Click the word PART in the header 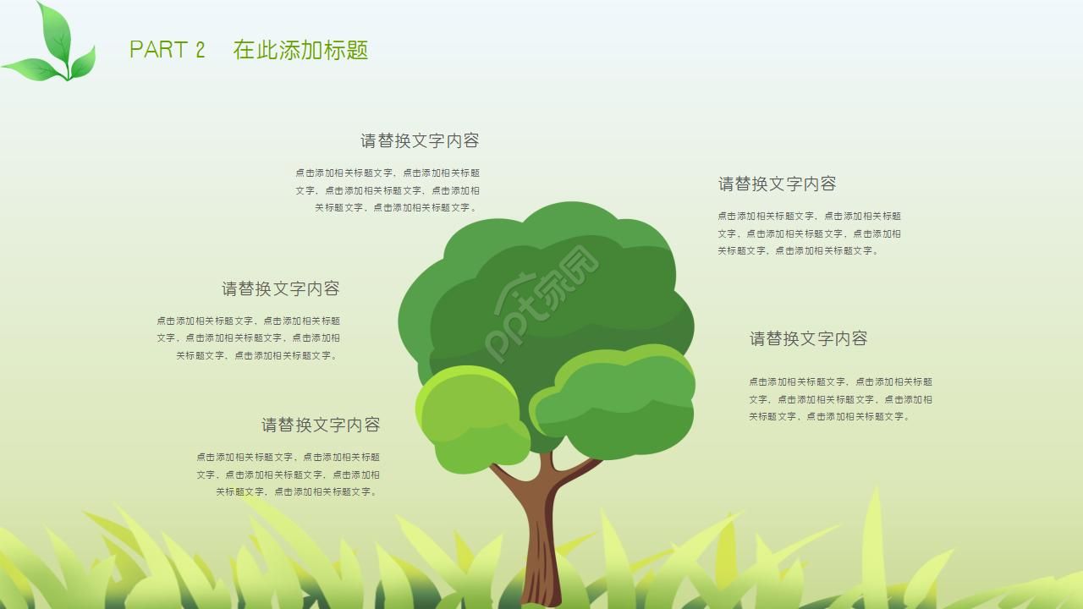[157, 50]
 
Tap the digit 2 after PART [201, 50]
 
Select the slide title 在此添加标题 [300, 50]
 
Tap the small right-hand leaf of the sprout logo [83, 63]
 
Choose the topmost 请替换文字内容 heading [420, 140]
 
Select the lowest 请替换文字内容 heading [321, 425]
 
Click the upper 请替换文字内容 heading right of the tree [778, 184]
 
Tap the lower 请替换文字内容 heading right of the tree [808, 338]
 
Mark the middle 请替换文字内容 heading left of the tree [281, 288]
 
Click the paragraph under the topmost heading [388, 190]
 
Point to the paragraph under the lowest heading [289, 475]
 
